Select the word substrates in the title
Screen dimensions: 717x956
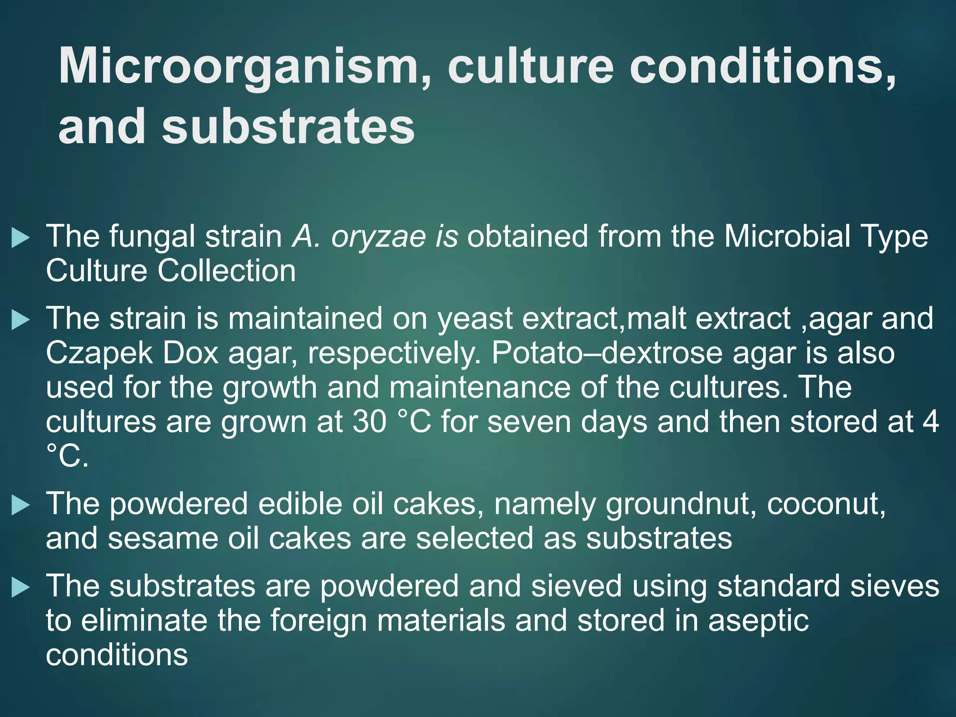click(288, 127)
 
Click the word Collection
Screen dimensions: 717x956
click(227, 271)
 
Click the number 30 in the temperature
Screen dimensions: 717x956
click(369, 422)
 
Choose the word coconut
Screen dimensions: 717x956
click(826, 504)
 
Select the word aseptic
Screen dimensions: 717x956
click(759, 621)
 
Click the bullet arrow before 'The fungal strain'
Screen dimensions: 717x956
click(20, 238)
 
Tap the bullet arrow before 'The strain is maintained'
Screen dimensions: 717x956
click(20, 320)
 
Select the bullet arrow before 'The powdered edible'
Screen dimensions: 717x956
click(20, 505)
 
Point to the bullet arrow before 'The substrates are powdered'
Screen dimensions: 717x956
click(20, 587)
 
